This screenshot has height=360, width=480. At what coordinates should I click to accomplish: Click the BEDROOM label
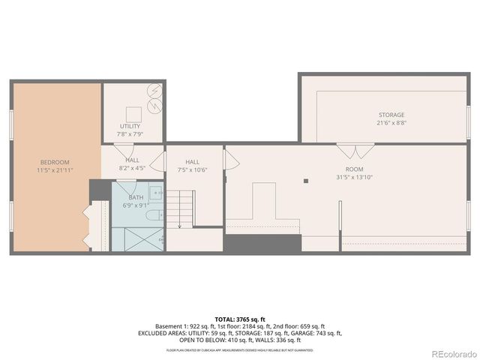pos(55,162)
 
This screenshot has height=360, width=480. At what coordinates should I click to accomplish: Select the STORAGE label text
pos(391,115)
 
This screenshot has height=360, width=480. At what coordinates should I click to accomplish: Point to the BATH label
pos(135,197)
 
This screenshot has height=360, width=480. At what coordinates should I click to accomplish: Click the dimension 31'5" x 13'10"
pos(353,177)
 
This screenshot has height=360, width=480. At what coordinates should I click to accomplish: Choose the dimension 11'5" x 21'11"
pos(55,170)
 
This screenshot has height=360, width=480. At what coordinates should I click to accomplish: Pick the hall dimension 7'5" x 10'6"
pos(192,169)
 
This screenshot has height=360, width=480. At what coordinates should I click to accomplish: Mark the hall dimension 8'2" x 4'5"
pos(132,168)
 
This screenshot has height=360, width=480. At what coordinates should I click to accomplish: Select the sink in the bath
pos(154,193)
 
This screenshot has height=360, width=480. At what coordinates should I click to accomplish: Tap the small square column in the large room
pos(305,181)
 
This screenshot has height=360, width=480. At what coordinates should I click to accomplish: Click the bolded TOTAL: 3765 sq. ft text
pos(239,319)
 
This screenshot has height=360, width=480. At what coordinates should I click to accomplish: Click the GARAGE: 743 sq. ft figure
pos(318,333)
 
